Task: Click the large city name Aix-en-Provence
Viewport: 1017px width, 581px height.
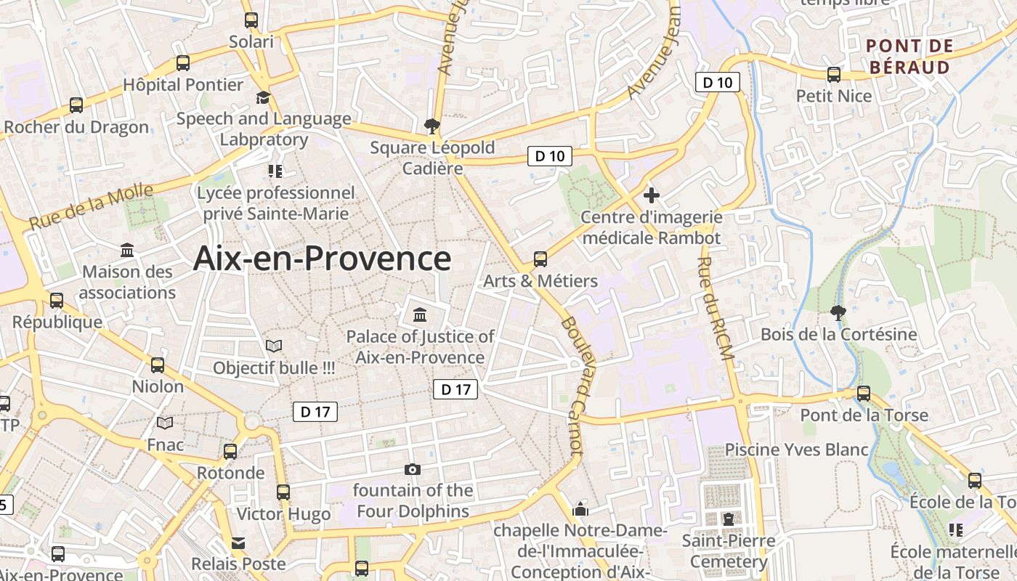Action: click(322, 259)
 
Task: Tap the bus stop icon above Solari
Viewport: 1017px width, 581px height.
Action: click(251, 20)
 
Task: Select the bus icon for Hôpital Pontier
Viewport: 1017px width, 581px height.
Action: click(183, 63)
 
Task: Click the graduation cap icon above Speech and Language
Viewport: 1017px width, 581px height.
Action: click(263, 97)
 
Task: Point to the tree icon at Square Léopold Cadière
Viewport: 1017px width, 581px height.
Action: click(432, 126)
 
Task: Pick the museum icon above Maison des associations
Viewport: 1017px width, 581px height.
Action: click(128, 251)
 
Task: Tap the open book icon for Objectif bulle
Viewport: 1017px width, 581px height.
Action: click(274, 346)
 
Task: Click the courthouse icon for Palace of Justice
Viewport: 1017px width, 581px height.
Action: click(420, 315)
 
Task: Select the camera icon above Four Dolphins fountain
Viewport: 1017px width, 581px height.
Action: click(413, 470)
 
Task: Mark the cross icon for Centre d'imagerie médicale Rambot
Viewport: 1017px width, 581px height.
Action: click(652, 195)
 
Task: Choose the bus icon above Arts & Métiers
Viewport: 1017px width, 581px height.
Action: click(540, 259)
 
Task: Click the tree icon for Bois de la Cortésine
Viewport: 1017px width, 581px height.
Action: click(838, 313)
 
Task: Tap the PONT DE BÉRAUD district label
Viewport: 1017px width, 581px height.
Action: click(909, 57)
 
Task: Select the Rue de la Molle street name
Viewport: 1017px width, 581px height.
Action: click(92, 207)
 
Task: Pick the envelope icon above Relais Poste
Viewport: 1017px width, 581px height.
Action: click(238, 543)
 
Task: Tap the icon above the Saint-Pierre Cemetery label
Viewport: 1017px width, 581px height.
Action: click(729, 519)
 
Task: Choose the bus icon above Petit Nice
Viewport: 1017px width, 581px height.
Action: click(834, 74)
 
